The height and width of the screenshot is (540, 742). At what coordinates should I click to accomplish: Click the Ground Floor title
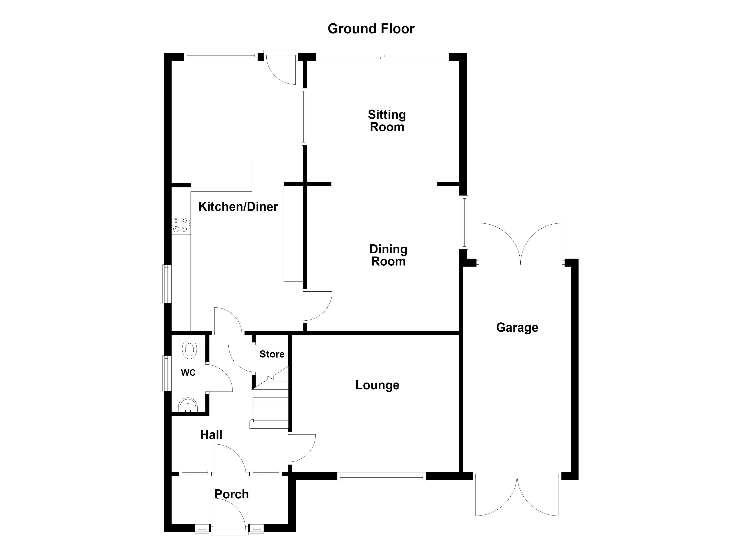[x=371, y=29]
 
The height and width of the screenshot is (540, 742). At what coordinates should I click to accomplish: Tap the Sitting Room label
[x=387, y=121]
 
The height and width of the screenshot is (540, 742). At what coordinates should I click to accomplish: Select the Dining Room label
[x=388, y=255]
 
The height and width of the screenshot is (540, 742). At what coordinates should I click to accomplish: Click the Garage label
[x=517, y=327]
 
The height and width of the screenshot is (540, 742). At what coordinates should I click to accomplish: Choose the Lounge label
[x=378, y=385]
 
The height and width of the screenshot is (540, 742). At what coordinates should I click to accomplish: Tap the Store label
[x=272, y=354]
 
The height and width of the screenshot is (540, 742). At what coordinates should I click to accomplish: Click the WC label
[x=188, y=372]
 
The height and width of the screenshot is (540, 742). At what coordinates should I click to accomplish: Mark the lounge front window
[x=382, y=477]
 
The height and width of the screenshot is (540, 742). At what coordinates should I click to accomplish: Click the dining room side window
[x=464, y=222]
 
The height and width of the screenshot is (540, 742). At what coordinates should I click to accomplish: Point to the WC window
[x=167, y=373]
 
